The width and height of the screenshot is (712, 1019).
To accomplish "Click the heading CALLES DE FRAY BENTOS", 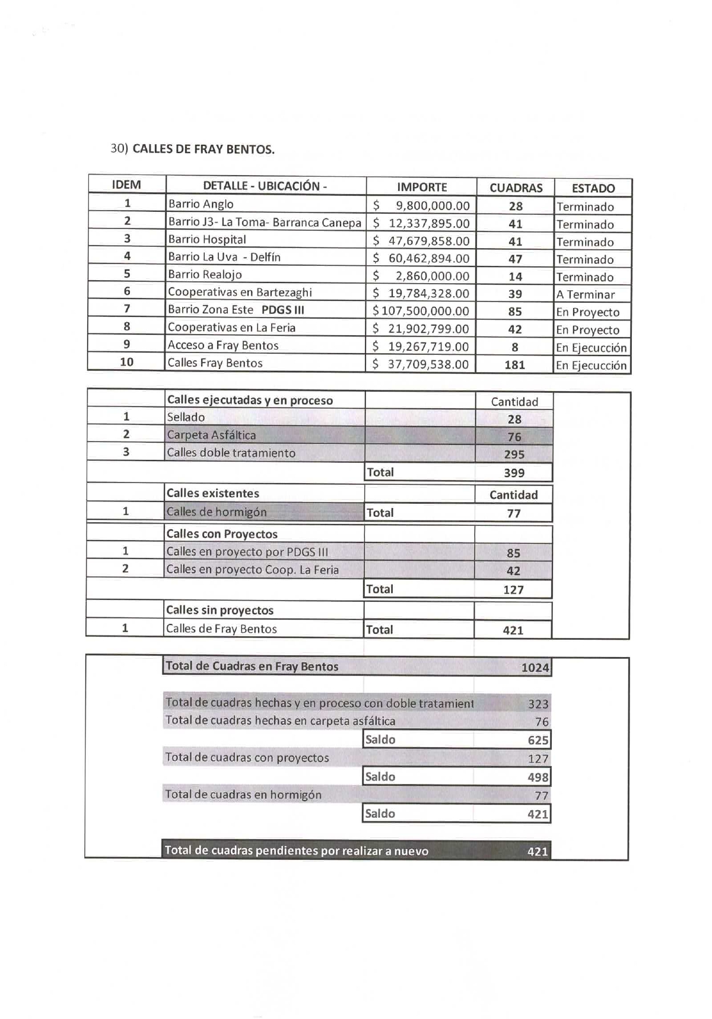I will tap(204, 149).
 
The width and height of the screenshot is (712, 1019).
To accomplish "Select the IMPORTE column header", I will tap(422, 187).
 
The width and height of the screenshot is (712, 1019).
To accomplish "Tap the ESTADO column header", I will tap(593, 188).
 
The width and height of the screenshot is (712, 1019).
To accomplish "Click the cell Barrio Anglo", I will tap(201, 204).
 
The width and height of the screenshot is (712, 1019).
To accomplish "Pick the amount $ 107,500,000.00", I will tap(421, 311).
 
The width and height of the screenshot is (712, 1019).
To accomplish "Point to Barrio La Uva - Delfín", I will tap(224, 257).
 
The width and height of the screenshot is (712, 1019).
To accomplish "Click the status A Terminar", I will tap(585, 294).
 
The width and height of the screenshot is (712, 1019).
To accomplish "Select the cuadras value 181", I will tap(514, 365).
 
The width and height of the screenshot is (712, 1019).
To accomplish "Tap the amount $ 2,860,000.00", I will tap(421, 276).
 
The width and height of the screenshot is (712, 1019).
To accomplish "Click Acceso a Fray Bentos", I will tap(223, 345).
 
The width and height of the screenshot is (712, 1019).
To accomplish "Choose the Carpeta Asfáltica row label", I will tap(211, 435).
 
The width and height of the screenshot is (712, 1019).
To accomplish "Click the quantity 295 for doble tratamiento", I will tap(514, 455).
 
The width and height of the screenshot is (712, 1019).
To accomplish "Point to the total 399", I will tap(514, 473).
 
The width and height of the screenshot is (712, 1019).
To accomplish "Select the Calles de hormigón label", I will tap(216, 512).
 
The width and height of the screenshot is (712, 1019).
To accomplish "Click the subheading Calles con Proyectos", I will tap(222, 534).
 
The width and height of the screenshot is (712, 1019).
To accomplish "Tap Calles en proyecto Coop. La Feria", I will tap(252, 570).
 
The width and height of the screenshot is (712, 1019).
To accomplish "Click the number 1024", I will tap(535, 668).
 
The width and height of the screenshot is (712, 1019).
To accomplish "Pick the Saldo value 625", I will tap(538, 740).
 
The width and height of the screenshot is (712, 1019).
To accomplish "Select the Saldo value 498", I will tap(538, 777).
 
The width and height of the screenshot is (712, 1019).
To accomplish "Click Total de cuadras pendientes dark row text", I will tap(296, 851).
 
